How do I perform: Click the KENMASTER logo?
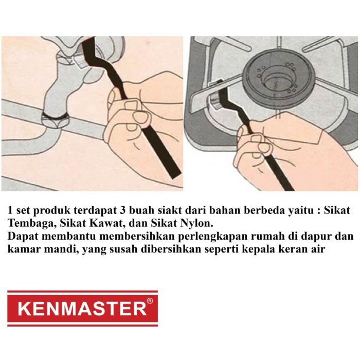click(x=82, y=309)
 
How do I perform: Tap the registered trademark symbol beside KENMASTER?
click(x=150, y=301)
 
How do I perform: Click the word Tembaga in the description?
click(x=32, y=223)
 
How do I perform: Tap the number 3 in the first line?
click(x=122, y=210)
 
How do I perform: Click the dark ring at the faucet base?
click(x=55, y=116)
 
